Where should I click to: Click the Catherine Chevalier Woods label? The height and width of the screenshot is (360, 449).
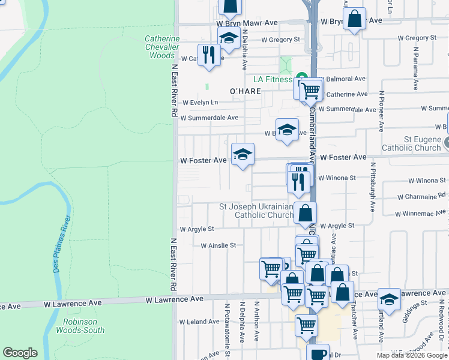click(162, 47)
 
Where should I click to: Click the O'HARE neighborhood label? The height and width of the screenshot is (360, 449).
click(246, 91)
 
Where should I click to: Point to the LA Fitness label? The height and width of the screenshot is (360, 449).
click(273, 79)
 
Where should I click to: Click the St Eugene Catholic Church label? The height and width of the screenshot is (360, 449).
click(414, 144)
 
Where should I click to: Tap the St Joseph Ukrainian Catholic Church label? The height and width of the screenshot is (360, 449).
click(256, 211)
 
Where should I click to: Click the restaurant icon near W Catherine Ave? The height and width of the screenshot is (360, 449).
click(207, 55)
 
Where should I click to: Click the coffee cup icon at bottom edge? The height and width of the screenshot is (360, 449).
click(318, 353)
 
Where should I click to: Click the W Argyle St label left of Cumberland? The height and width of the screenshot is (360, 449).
click(197, 229)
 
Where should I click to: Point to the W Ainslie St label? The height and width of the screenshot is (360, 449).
click(218, 245)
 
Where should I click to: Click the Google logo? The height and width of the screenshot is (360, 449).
click(20, 353)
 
